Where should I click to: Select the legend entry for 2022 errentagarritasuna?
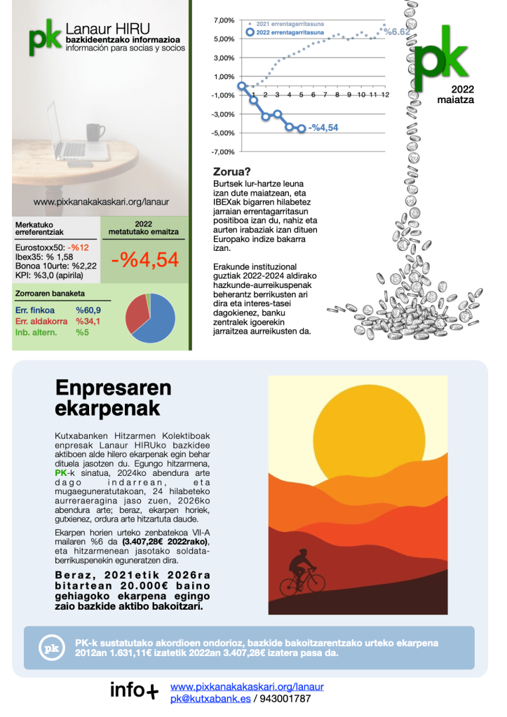click(285, 32)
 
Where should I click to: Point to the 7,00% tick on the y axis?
click(224, 20)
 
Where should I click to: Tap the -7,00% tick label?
click(223, 152)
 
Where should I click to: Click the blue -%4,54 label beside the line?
click(323, 128)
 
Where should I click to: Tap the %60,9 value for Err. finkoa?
click(88, 310)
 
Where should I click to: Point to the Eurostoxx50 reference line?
click(52, 247)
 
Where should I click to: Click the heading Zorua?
click(231, 171)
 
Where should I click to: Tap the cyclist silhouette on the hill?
click(304, 573)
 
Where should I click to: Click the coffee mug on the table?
click(95, 131)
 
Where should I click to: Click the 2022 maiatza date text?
click(455, 95)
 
